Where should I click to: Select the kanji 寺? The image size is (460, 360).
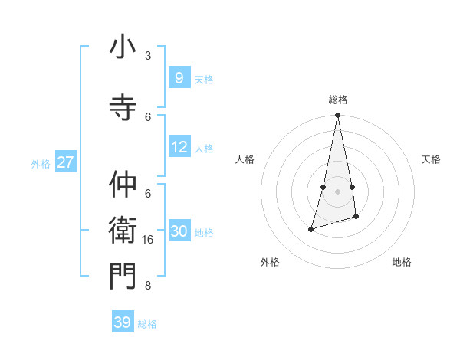(x=123, y=106)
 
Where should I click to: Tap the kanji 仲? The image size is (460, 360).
(x=123, y=185)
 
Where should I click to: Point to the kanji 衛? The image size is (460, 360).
(x=123, y=229)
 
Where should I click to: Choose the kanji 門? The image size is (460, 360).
(x=123, y=276)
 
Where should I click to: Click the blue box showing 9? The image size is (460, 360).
(x=179, y=77)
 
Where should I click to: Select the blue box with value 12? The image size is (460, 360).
(x=179, y=147)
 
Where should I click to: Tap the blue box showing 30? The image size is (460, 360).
(x=179, y=231)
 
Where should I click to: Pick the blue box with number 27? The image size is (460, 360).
(x=65, y=162)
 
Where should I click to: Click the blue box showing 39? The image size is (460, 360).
(x=122, y=322)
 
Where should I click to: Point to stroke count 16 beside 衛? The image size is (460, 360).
(x=148, y=240)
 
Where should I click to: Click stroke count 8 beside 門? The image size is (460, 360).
(x=148, y=286)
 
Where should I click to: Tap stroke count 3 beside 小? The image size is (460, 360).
(x=148, y=56)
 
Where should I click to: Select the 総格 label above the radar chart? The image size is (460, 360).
(x=337, y=100)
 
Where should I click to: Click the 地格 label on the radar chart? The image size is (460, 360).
(x=402, y=262)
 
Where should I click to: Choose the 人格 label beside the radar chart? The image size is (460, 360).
(x=245, y=159)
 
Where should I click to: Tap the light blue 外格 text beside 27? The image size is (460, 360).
(x=41, y=164)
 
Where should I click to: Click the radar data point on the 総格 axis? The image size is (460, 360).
(x=337, y=116)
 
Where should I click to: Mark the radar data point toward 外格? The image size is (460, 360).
(x=311, y=229)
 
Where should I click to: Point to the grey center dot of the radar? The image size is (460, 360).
(x=337, y=191)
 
